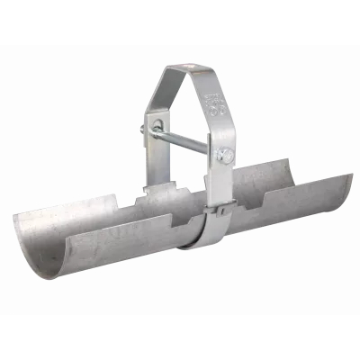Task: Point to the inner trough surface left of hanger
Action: (99, 225)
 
